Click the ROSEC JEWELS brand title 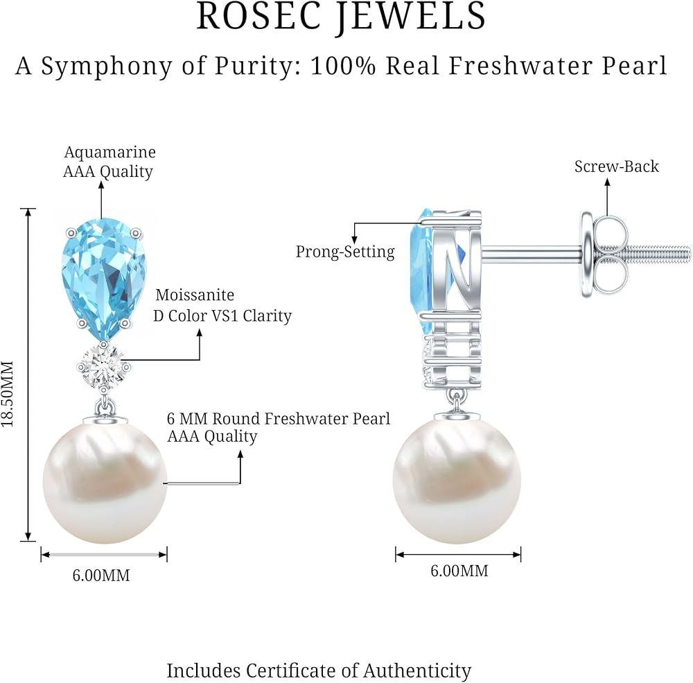pos(341,17)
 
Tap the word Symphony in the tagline pos(106,67)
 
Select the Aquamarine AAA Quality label pos(109,162)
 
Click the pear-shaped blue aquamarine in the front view pos(103,279)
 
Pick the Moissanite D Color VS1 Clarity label pos(222,306)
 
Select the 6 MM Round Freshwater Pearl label pos(279,427)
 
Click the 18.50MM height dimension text pos(8,394)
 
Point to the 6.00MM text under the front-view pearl pos(101,576)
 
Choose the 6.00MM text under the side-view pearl pos(459,571)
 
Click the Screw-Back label pos(617,166)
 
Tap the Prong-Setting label pos(345,252)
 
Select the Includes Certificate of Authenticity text pos(319,671)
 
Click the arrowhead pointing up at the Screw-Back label pos(607,182)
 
